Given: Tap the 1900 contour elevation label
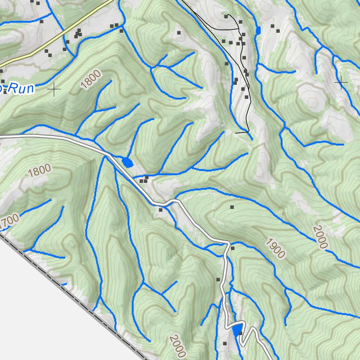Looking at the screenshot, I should coord(275,248).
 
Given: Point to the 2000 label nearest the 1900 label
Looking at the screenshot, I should coord(321,237).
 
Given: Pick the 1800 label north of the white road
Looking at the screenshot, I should coord(91,79).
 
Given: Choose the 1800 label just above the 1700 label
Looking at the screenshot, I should coord(39,171).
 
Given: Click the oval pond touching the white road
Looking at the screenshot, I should coord(127,162).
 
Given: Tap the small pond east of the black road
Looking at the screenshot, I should coord(258,31).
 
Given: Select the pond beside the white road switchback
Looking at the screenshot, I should coord(237,329).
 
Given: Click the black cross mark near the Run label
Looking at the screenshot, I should coord(54,90).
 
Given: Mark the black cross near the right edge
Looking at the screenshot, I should coord(341,82).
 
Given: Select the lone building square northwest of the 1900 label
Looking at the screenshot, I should coord(232,207).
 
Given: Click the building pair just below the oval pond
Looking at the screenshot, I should coord(143,180).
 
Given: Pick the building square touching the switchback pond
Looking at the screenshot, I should coord(241,333).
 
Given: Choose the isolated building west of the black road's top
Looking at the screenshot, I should coord(179,33).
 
